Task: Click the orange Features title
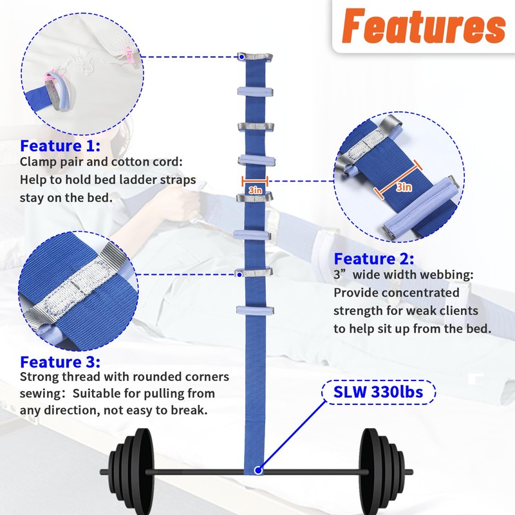point(422,26)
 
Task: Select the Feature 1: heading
point(60,145)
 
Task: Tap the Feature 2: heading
point(373,259)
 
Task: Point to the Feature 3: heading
point(60,362)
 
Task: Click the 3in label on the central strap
point(254,191)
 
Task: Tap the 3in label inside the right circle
point(404,187)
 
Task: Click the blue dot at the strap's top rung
point(241,57)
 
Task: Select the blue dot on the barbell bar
point(258,471)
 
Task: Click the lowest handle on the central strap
point(255,311)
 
